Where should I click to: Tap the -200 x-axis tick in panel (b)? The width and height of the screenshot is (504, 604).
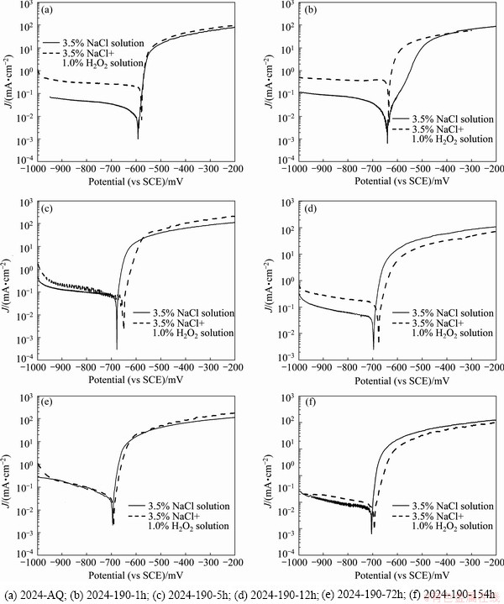(x=493, y=168)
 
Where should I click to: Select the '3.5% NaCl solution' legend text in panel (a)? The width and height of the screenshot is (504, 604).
(x=107, y=42)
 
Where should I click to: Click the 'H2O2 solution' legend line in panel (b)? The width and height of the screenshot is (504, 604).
(x=452, y=139)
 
